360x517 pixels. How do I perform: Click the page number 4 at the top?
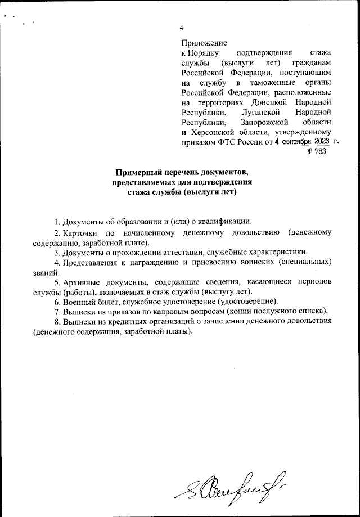pyautogui.click(x=181, y=28)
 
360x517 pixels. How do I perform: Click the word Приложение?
pyautogui.click(x=204, y=43)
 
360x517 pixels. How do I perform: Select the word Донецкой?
pyautogui.click(x=265, y=102)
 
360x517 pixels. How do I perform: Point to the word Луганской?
pyautogui.click(x=263, y=112)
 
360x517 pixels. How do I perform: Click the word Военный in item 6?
pyautogui.click(x=79, y=302)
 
